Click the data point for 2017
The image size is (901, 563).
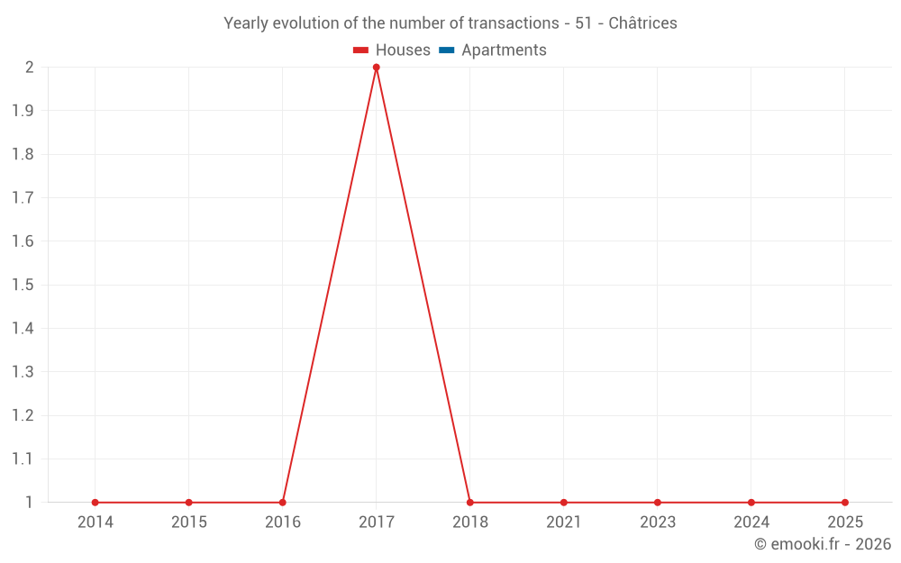(376, 68)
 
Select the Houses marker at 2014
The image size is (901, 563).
(95, 503)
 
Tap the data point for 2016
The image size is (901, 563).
(282, 503)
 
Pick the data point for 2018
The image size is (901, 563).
(469, 503)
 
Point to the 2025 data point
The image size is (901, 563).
(844, 503)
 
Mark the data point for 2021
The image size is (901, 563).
(563, 503)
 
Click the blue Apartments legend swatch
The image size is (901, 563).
(446, 50)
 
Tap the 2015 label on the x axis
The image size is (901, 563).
(188, 522)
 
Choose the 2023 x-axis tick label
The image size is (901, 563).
(657, 522)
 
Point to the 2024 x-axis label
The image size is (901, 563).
(751, 522)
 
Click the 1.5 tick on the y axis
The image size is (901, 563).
(23, 285)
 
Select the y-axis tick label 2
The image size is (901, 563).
(29, 68)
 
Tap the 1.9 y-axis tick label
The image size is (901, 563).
(23, 111)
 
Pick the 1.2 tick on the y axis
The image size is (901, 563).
(23, 415)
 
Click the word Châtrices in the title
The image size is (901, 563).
(642, 23)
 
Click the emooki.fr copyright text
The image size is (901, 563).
(823, 544)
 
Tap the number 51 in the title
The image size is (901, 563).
(583, 23)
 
